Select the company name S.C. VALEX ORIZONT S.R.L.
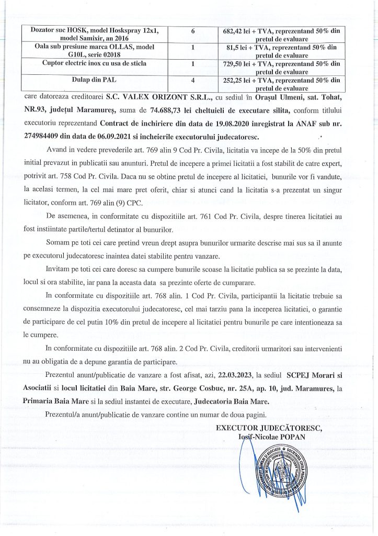pos(140,97)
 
